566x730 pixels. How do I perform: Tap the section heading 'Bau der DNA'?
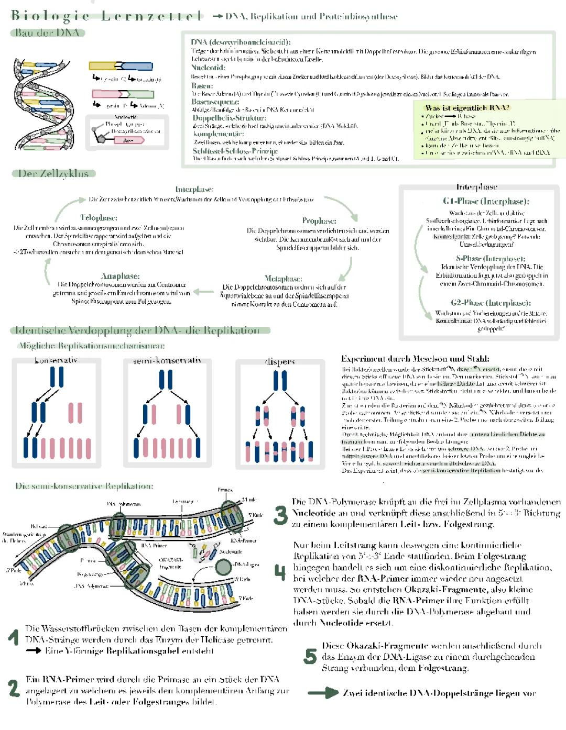coord(47,32)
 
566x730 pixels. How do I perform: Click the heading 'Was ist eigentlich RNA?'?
coord(467,107)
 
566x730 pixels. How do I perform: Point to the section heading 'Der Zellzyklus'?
coord(54,173)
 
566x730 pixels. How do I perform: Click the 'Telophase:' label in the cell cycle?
coord(99,217)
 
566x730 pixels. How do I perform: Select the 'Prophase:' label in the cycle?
coord(319,220)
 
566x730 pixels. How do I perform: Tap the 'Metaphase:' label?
coord(283,279)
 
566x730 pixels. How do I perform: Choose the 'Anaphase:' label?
coord(120,276)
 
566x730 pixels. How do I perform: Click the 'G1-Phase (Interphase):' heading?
coord(486,201)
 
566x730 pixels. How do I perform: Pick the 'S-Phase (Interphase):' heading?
coord(490,258)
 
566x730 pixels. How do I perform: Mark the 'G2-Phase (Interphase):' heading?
coord(491,303)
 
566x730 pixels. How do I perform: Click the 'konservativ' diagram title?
coord(56,360)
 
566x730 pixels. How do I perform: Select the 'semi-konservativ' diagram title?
coord(167,360)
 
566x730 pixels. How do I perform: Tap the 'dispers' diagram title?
coord(280,361)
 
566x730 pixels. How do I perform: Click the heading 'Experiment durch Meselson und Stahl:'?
coord(415,359)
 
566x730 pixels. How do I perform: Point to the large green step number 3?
coord(281,515)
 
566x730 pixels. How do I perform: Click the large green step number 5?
coord(310,656)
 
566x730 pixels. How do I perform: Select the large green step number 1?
coord(14,637)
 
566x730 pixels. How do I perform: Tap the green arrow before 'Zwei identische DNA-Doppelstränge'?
coord(323,693)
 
